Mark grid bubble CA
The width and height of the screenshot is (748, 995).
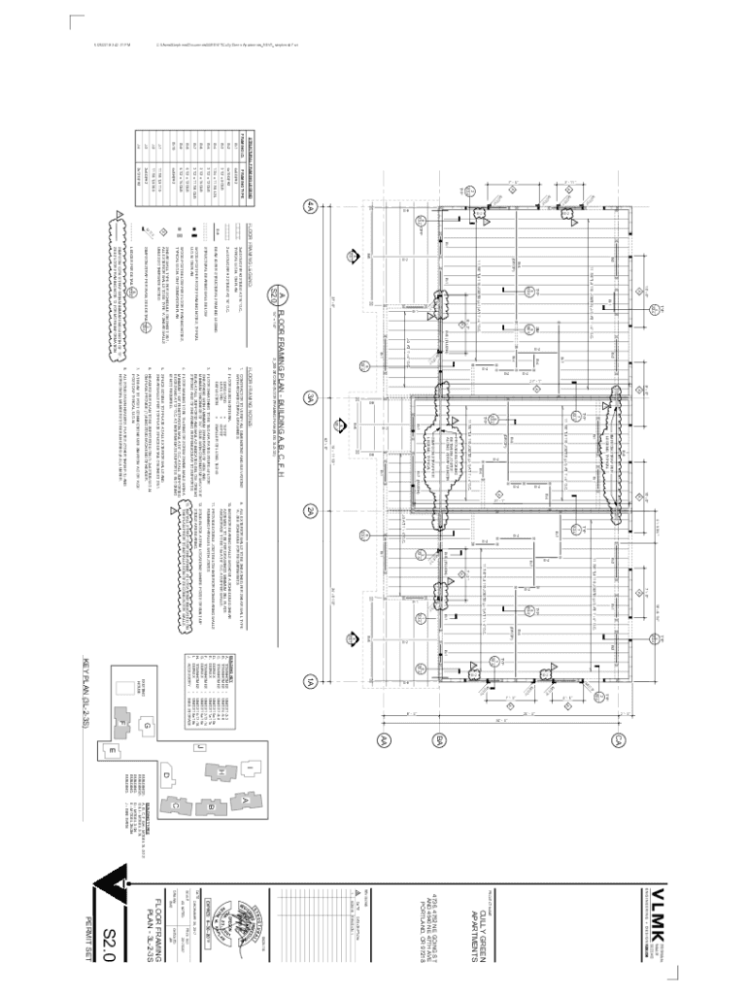618,741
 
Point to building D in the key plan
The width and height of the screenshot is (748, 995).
166,774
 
